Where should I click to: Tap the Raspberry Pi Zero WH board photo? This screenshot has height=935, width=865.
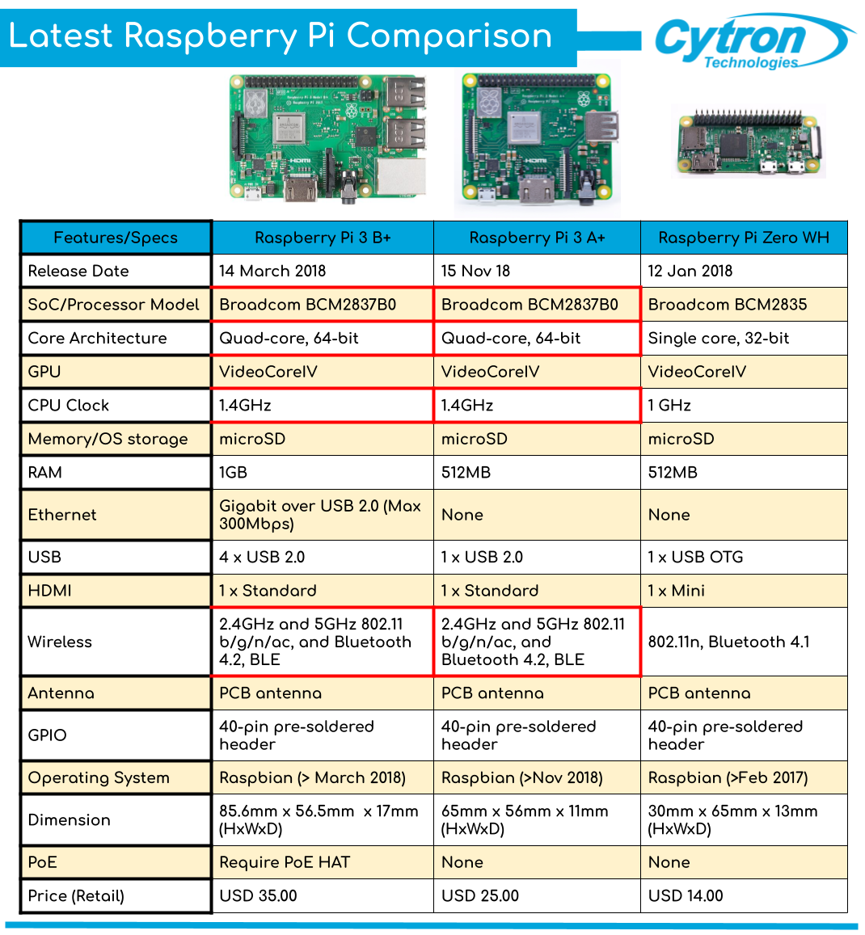(749, 143)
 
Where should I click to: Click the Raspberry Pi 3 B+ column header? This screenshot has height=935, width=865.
(323, 238)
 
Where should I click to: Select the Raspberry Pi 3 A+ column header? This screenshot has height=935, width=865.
(537, 238)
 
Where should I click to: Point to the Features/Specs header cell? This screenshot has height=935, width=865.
(116, 238)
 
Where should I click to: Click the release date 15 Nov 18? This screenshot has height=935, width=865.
(475, 272)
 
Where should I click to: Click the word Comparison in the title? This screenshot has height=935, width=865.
(449, 36)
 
